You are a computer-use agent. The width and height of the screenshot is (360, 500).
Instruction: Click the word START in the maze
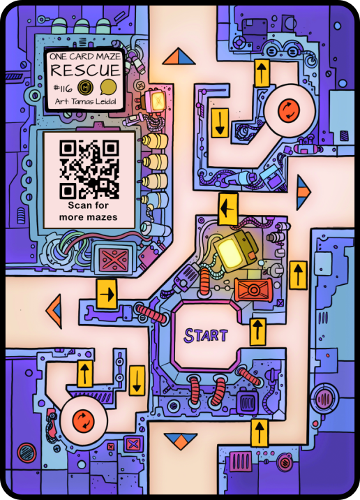[x=206, y=335]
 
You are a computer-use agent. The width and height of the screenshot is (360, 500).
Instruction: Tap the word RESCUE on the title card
[x=85, y=70]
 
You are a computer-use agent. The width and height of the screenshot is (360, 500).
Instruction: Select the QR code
[x=89, y=170]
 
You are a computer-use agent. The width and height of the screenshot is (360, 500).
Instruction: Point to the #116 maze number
[x=63, y=88]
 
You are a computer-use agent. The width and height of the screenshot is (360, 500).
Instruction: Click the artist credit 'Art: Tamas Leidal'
[x=85, y=102]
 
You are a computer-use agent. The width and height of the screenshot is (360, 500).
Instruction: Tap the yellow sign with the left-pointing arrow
[x=228, y=209]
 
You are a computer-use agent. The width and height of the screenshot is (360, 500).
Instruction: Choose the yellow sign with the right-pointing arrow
[x=107, y=294]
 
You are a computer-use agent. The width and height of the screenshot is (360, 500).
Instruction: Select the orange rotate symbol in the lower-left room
[x=83, y=420]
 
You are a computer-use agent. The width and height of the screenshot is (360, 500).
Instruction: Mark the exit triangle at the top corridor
[x=179, y=57]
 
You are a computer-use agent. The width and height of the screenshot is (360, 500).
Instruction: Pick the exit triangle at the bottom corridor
[x=181, y=441]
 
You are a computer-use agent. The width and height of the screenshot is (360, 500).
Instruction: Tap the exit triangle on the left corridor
[x=54, y=311]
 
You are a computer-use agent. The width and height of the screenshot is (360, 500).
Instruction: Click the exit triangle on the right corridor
[x=303, y=191]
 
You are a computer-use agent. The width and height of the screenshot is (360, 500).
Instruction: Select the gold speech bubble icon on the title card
[x=108, y=87]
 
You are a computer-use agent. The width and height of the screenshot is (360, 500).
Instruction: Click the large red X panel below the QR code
[x=114, y=259]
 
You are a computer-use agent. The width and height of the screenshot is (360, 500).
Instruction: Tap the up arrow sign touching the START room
[x=257, y=332]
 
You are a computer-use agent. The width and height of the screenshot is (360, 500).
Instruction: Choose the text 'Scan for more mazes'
[x=88, y=211]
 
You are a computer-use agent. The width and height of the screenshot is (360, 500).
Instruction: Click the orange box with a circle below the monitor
[x=253, y=290]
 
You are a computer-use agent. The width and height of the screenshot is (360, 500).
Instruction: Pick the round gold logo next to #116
[x=85, y=87]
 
